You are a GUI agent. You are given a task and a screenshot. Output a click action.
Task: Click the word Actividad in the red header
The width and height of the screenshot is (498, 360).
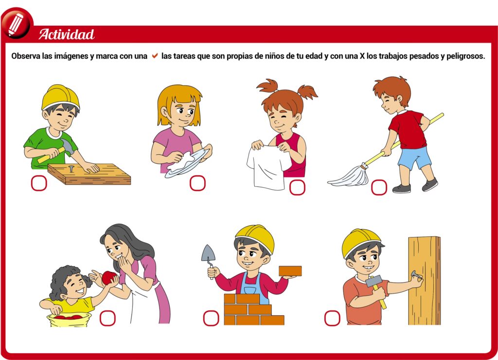(x=66, y=35)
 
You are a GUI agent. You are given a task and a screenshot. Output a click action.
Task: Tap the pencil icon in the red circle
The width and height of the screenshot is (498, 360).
(x=16, y=24)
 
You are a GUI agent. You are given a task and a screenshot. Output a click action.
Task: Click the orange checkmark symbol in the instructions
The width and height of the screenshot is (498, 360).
(x=155, y=56)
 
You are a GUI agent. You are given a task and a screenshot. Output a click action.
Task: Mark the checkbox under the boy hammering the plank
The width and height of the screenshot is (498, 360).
(x=39, y=183)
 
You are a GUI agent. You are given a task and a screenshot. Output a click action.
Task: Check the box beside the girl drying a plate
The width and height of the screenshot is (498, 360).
(x=197, y=183)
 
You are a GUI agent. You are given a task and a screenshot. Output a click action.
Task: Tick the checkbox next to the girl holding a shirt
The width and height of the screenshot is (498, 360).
(x=297, y=187)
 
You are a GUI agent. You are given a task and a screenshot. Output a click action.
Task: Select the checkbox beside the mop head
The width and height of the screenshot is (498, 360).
(x=379, y=187)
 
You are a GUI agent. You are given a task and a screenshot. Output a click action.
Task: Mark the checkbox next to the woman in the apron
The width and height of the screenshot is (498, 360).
(x=107, y=318)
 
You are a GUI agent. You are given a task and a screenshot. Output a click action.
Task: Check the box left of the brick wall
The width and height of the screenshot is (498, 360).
(x=211, y=318)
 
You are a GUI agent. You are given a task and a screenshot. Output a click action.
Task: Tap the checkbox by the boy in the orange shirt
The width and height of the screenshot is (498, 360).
(x=332, y=318)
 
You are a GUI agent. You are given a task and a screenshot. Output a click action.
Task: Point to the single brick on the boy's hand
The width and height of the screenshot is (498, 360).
(x=290, y=271)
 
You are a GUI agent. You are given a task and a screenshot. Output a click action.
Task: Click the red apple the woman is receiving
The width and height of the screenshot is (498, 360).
(x=109, y=278)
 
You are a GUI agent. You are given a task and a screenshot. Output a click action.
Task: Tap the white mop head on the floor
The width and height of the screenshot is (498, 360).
(x=349, y=176)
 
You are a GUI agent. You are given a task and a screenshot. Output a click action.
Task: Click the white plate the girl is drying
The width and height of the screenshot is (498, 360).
(x=188, y=163)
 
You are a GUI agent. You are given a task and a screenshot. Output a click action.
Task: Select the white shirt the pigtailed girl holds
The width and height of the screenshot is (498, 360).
(x=267, y=167)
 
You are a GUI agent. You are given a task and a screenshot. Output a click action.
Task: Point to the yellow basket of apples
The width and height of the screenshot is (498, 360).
(x=69, y=320)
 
